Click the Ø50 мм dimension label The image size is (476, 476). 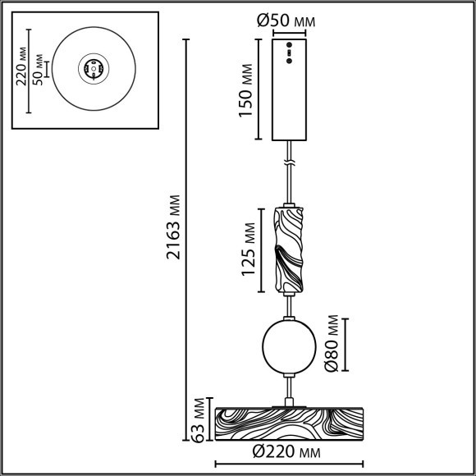coord(286,21)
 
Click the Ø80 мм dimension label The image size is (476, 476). coord(332,345)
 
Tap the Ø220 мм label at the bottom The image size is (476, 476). coord(286,452)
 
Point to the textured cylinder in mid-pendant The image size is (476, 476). coord(288,249)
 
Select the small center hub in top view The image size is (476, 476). coord(91,69)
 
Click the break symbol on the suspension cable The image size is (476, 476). coord(288,167)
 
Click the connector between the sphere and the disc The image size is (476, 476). coord(288,387)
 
